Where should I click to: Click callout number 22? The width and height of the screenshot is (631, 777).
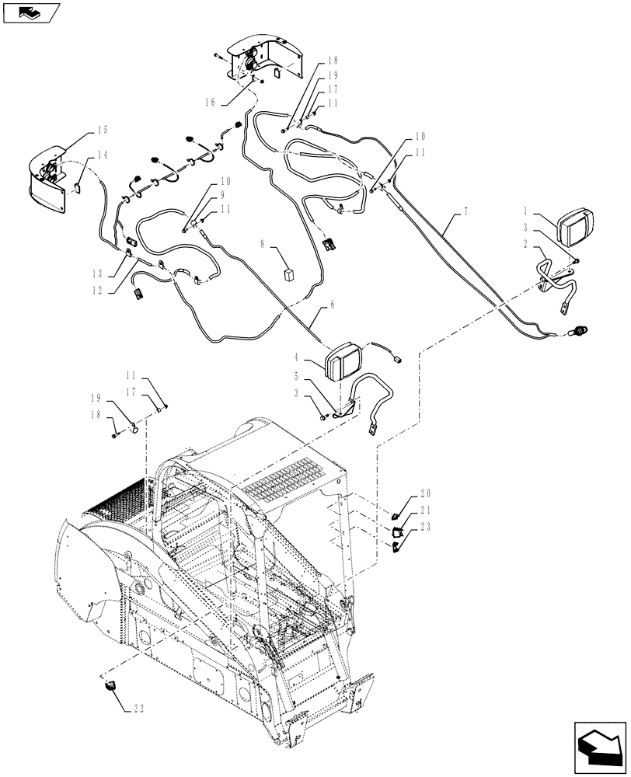[x=139, y=708]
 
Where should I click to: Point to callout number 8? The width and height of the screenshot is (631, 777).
[x=263, y=245]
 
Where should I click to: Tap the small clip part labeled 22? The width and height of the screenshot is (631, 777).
[x=110, y=685]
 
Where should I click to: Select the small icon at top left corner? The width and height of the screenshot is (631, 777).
[x=31, y=12]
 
